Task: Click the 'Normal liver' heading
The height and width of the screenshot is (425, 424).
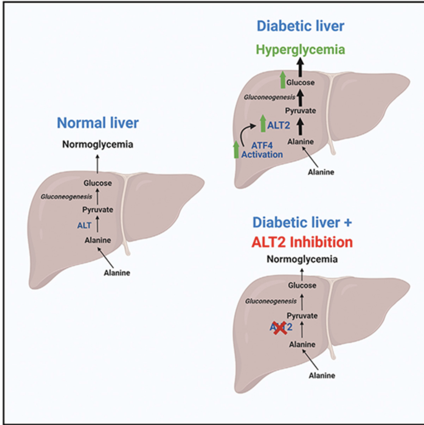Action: point(97,123)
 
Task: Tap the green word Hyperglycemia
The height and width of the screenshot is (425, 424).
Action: point(300,50)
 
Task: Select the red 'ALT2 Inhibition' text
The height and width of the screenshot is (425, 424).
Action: point(302,242)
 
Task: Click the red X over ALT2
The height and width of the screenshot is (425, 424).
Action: point(280,327)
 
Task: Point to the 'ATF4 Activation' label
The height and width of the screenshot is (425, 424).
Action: point(262,150)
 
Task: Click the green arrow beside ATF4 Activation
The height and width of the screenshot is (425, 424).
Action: point(236,149)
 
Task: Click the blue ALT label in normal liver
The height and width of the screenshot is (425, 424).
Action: point(84,226)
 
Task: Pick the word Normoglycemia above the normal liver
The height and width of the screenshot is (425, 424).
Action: point(97,144)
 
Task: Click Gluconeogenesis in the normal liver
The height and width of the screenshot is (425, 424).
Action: point(66,197)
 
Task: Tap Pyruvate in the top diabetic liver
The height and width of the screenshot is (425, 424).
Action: point(300,111)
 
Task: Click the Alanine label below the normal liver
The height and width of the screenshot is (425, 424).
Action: point(117,273)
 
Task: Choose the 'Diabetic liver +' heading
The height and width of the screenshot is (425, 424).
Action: point(302,223)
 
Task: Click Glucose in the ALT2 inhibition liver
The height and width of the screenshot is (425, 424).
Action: point(302,286)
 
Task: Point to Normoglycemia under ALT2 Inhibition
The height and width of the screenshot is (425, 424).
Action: point(302,259)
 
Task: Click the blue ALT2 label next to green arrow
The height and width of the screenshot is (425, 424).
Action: point(279,125)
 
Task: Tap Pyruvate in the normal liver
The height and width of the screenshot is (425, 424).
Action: point(97,210)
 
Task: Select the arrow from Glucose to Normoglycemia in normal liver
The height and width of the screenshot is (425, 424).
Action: point(97,164)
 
